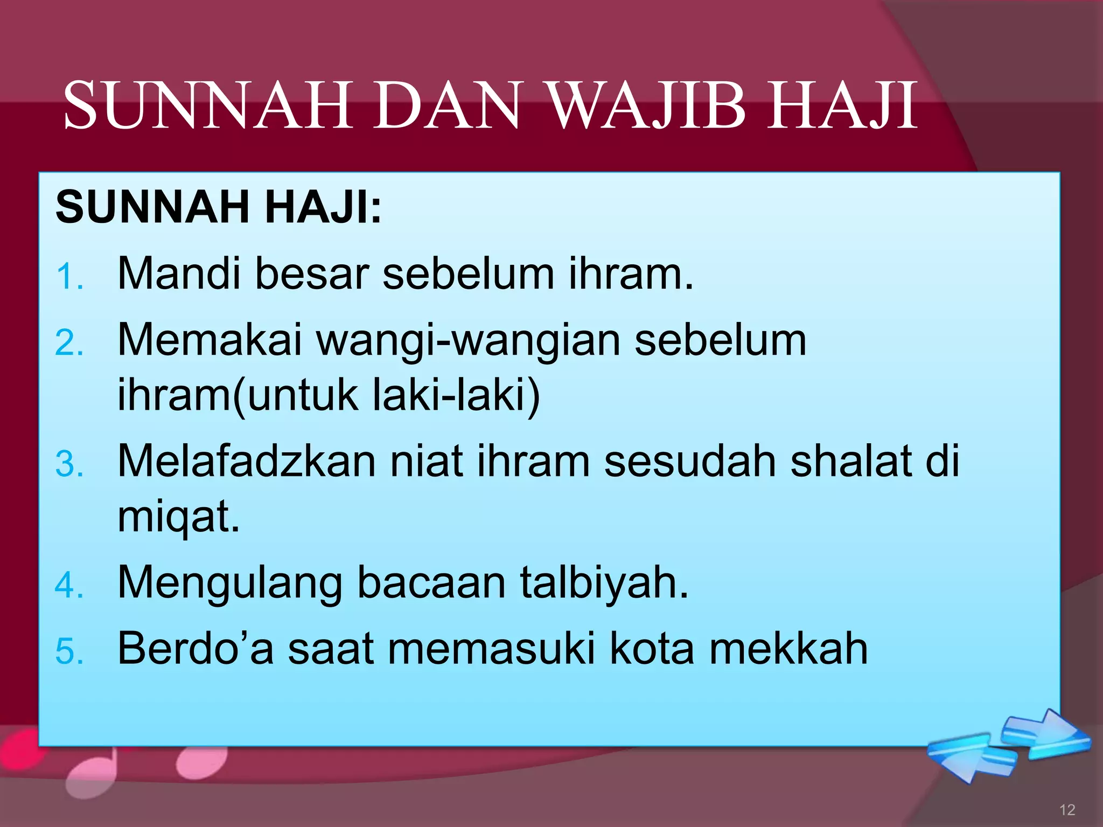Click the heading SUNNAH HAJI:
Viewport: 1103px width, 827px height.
coord(219,207)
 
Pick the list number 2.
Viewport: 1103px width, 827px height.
coord(69,343)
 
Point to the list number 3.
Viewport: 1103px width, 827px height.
coord(69,464)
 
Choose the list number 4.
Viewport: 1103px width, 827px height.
coord(69,585)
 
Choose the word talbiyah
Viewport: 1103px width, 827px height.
coord(604,583)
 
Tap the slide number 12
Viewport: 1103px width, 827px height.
coord(1067,810)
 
